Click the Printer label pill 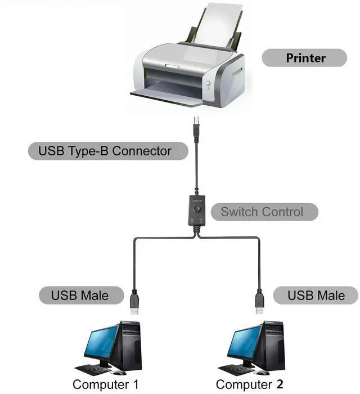(x=305, y=57)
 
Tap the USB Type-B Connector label (x=105, y=151)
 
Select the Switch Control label (x=262, y=212)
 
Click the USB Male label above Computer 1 (x=79, y=295)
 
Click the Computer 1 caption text (x=105, y=384)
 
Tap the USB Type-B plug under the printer (x=195, y=121)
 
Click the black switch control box (x=196, y=212)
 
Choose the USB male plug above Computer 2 (x=259, y=303)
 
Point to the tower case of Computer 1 (x=129, y=343)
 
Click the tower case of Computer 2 (x=271, y=343)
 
